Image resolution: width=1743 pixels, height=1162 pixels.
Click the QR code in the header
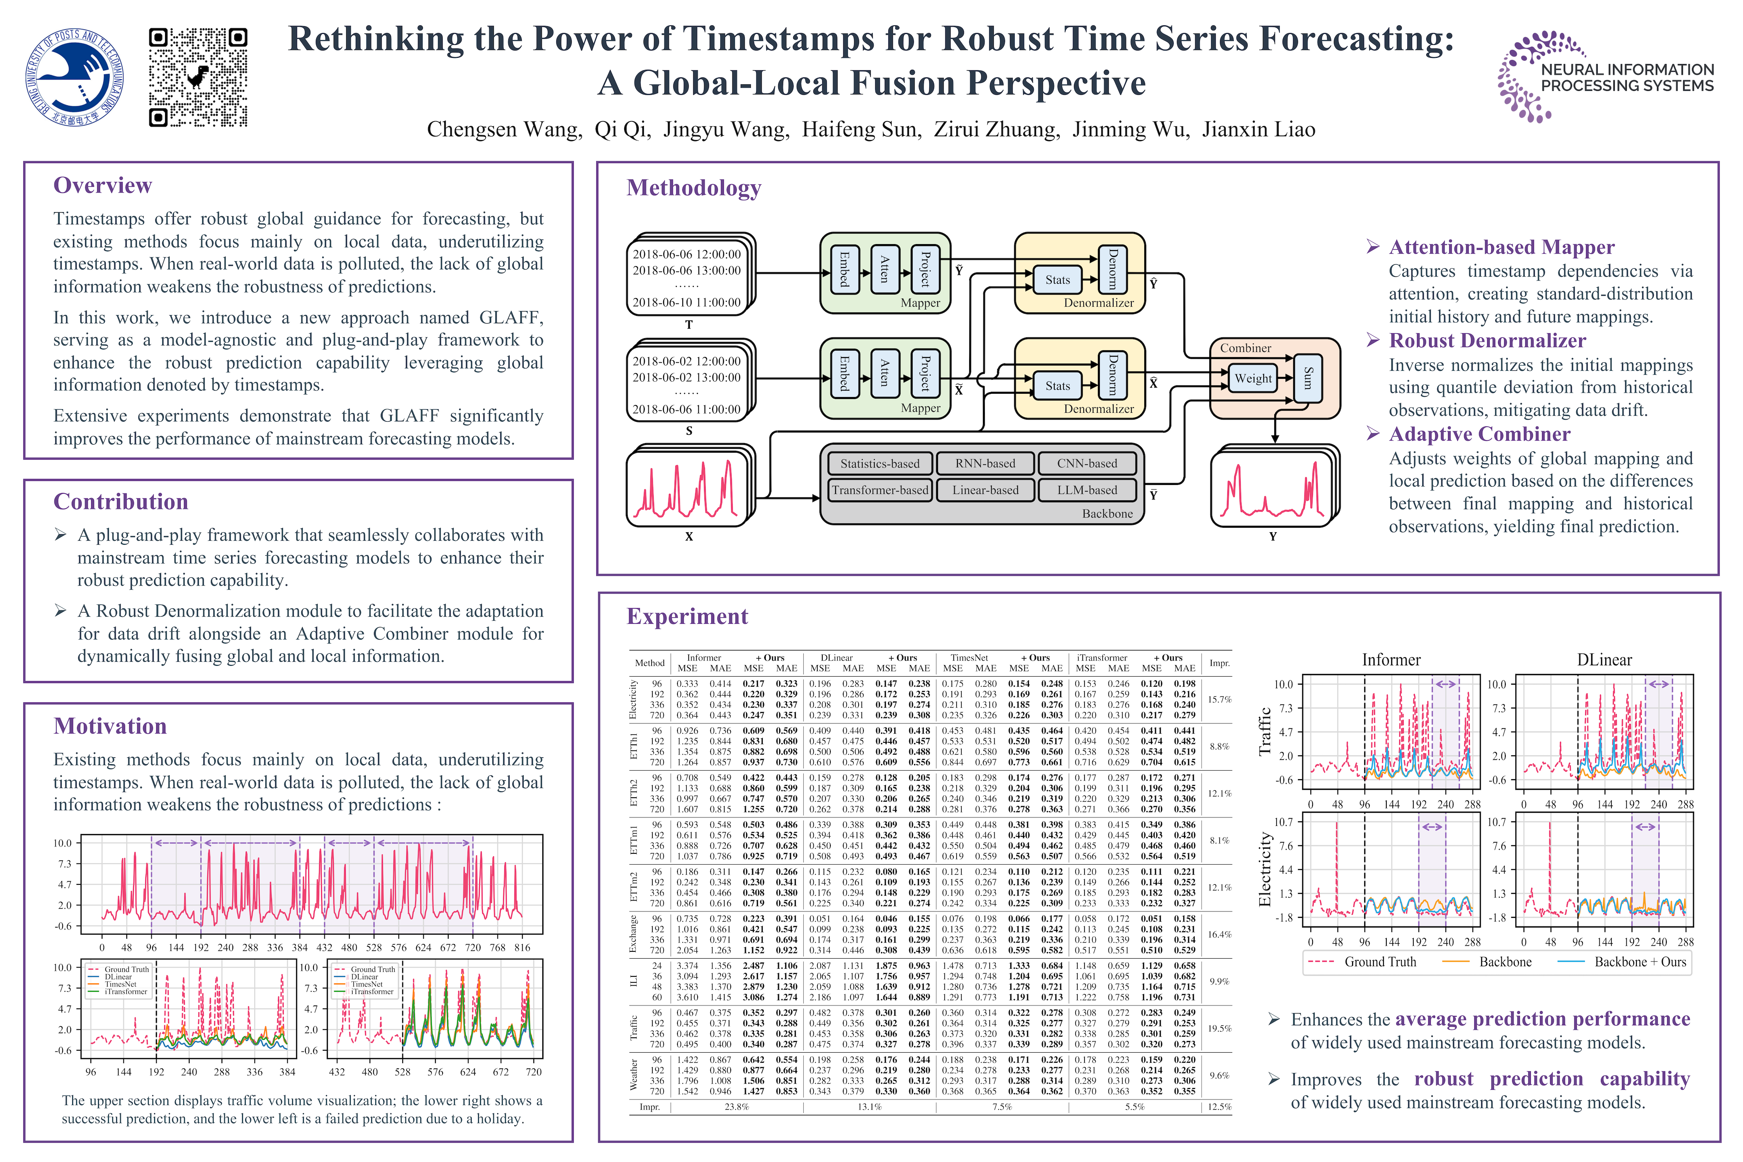click(198, 77)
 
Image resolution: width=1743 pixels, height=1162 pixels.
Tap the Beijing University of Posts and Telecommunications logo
click(75, 77)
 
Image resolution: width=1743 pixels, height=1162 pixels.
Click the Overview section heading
click(102, 185)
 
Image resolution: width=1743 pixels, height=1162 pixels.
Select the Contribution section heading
click(121, 502)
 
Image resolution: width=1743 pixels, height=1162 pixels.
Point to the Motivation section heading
click(110, 726)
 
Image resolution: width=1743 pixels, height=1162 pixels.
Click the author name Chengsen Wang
click(504, 130)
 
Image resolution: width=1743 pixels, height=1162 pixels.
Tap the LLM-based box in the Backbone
click(1087, 490)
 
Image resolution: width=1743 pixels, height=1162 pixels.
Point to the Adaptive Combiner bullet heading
click(1479, 434)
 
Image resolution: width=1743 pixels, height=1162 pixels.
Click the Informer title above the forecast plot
click(1391, 660)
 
